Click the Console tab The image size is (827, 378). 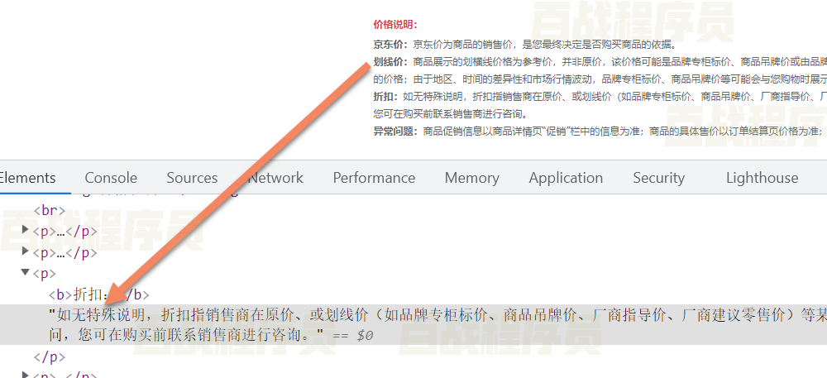[x=111, y=178]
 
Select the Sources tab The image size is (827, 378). [x=192, y=178]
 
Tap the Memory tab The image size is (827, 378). [x=471, y=178]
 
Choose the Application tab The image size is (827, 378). [x=566, y=178]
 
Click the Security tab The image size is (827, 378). [x=658, y=178]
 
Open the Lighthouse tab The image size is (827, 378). [x=762, y=178]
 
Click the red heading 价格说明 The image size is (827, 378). [x=395, y=26]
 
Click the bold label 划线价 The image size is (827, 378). [x=390, y=62]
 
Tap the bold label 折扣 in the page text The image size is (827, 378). [x=385, y=97]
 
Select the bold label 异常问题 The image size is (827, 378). [x=395, y=132]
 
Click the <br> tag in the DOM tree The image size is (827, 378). [x=49, y=211]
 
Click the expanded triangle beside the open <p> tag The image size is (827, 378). [x=26, y=273]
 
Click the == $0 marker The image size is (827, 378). [x=352, y=336]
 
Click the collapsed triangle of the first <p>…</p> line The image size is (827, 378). [x=26, y=231]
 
